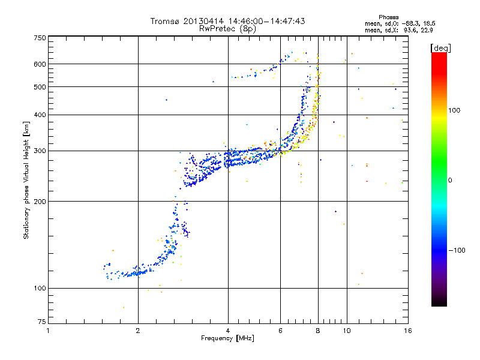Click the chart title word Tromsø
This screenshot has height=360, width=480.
166,21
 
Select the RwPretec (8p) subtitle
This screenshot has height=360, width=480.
228,29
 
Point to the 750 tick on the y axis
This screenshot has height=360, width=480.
40,38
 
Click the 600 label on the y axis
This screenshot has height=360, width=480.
40,64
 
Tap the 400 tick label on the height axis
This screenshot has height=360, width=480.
40,115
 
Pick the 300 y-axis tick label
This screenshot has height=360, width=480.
40,151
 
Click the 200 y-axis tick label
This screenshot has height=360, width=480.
40,201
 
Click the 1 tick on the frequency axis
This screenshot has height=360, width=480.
48,331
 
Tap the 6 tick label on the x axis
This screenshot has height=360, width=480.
280,331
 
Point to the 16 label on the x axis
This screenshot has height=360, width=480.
407,331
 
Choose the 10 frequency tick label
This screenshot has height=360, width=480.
346,331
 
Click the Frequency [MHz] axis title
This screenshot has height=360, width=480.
227,339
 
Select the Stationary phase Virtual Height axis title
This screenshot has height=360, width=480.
26,180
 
